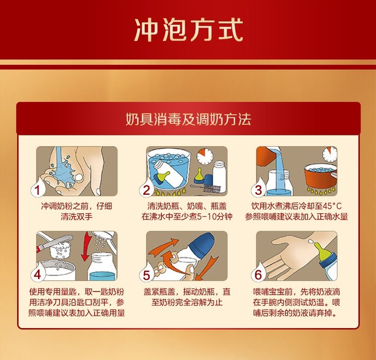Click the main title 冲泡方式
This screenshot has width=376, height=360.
(x=189, y=30)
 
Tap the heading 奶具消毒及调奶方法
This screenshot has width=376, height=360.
(x=188, y=119)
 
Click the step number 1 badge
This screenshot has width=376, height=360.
(x=37, y=190)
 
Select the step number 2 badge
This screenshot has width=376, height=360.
(x=146, y=190)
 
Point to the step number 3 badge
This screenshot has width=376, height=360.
(x=258, y=190)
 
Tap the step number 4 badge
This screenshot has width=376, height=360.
(x=37, y=274)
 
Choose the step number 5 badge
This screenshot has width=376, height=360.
(x=146, y=274)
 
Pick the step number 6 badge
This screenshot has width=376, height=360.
(x=258, y=274)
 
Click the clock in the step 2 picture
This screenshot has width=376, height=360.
(x=205, y=157)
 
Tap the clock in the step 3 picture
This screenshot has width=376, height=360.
(x=329, y=154)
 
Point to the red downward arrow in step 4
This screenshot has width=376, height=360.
(x=87, y=247)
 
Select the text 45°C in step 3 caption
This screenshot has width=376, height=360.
(x=332, y=206)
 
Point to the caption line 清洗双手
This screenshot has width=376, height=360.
(x=77, y=217)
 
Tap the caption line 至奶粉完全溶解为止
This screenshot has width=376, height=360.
(x=187, y=302)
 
